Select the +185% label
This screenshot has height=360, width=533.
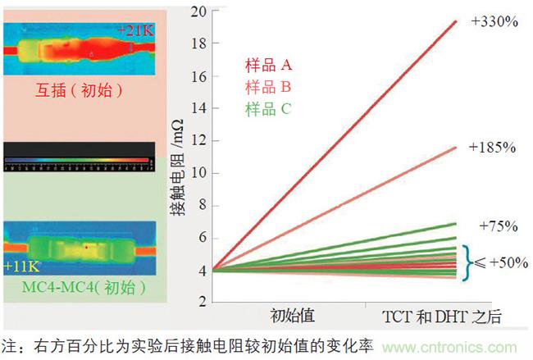492,148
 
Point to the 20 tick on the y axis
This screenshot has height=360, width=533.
197,11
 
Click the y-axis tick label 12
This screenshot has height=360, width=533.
197,141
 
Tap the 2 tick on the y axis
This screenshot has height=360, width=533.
200,302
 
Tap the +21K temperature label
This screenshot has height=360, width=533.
133,31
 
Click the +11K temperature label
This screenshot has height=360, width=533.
20,267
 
